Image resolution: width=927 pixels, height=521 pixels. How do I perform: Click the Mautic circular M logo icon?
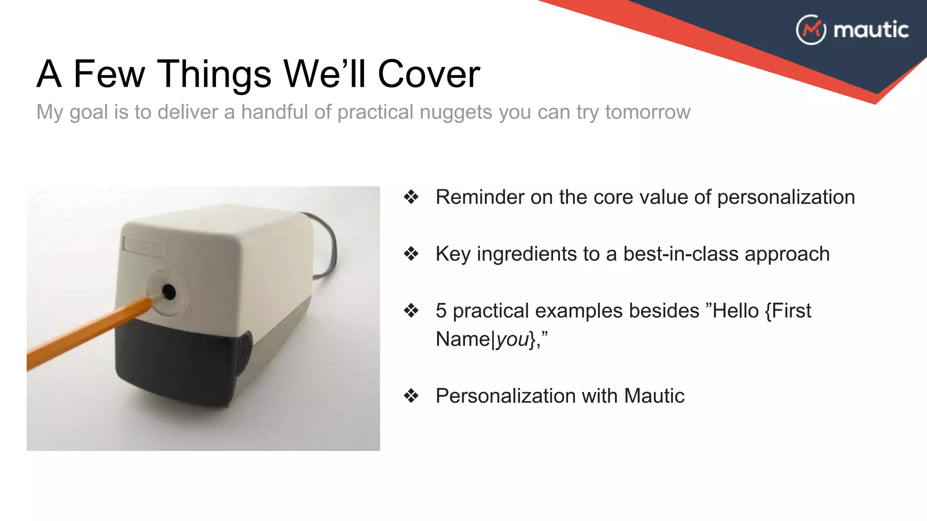click(x=811, y=30)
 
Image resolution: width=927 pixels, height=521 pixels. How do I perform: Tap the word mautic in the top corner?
click(x=871, y=30)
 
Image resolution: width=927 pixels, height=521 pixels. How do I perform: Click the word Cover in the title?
click(x=428, y=74)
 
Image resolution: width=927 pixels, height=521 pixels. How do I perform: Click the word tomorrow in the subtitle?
click(x=648, y=112)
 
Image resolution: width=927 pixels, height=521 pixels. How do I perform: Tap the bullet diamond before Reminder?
click(x=411, y=197)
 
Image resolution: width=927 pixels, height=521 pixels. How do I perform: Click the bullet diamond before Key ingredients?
click(x=411, y=254)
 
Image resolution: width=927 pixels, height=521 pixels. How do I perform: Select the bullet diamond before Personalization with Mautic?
click(x=411, y=396)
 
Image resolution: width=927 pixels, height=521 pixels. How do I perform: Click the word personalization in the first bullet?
click(x=786, y=197)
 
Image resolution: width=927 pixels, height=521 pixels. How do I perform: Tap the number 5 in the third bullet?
click(x=441, y=311)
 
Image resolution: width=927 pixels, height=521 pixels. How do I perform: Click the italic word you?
click(x=512, y=339)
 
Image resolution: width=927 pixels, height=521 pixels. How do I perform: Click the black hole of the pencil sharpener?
click(x=169, y=292)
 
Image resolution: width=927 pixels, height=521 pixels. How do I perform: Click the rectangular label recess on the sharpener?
click(x=143, y=247)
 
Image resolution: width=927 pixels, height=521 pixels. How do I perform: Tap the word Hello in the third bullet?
click(x=736, y=311)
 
